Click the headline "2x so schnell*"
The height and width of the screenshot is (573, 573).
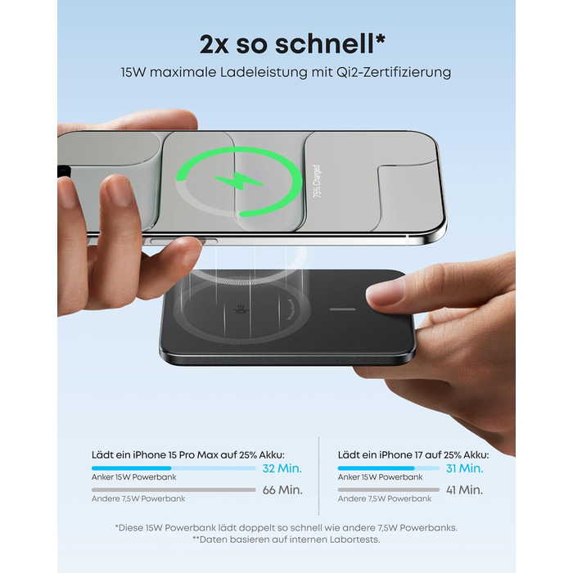point(286,42)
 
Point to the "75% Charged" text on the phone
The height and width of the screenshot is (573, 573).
point(317,181)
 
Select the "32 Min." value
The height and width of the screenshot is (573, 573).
point(282,469)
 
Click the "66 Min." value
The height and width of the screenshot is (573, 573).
point(282,490)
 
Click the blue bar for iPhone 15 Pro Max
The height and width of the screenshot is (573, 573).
point(131,468)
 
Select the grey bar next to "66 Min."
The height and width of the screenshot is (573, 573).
point(174,490)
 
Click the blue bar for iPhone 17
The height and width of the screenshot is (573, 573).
point(376,468)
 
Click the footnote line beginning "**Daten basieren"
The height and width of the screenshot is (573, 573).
point(286,539)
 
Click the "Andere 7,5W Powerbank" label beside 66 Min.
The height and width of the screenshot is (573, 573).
point(138,499)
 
